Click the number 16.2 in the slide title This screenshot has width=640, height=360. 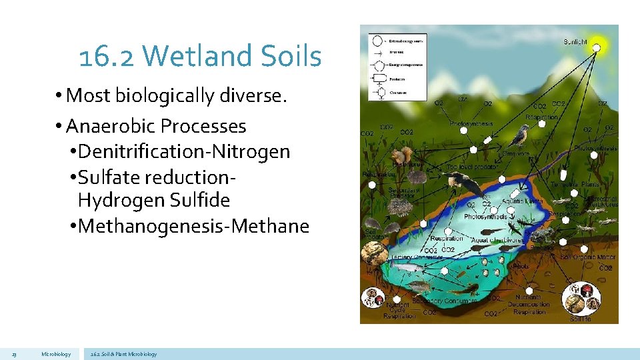click(107, 57)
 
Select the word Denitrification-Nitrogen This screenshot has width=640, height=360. click(184, 151)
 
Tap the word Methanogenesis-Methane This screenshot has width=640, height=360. click(193, 226)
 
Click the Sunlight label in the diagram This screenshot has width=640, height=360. click(575, 42)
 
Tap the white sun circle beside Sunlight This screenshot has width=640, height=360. click(597, 47)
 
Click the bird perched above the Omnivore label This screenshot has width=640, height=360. click(518, 136)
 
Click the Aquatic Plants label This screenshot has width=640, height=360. click(522, 201)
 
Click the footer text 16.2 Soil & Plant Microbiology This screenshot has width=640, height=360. click(123, 354)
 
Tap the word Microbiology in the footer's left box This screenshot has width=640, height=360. click(56, 354)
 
